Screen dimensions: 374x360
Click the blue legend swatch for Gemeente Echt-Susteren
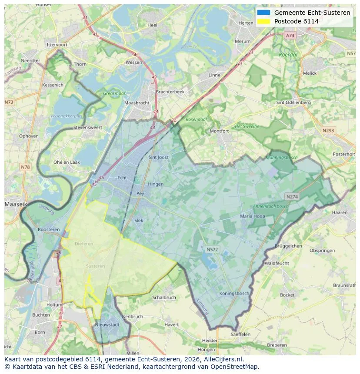pyautogui.click(x=263, y=13)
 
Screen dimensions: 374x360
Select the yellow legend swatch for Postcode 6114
pyautogui.click(x=263, y=21)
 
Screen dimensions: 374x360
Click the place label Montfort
pyautogui.click(x=219, y=131)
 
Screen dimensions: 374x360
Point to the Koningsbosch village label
pyautogui.click(x=234, y=294)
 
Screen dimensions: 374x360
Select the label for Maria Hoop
pyautogui.click(x=252, y=216)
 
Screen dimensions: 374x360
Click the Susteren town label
pyautogui.click(x=95, y=266)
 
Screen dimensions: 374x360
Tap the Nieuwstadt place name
pyautogui.click(x=107, y=324)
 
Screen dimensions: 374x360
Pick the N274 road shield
pyautogui.click(x=292, y=197)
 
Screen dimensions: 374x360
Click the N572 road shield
pyautogui.click(x=212, y=249)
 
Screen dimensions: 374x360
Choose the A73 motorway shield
pyautogui.click(x=290, y=35)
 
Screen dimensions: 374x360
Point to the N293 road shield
pyautogui.click(x=329, y=130)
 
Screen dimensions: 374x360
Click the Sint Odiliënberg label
pyautogui.click(x=293, y=103)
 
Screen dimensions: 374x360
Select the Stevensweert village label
pyautogui.click(x=87, y=128)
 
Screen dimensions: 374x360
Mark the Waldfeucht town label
pyautogui.click(x=277, y=263)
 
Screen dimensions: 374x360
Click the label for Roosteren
pyautogui.click(x=49, y=229)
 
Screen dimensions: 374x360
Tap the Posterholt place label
pyautogui.click(x=343, y=154)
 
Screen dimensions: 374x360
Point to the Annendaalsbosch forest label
pyautogui.click(x=271, y=206)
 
